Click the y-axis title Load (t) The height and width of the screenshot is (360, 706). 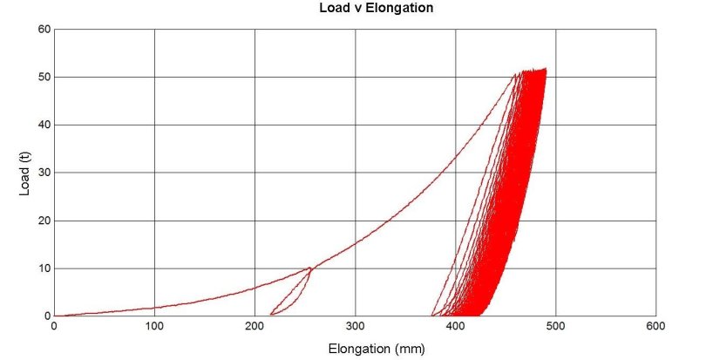pyautogui.click(x=25, y=173)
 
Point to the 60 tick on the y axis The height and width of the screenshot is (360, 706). pyautogui.click(x=43, y=29)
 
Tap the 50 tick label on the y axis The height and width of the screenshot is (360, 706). pyautogui.click(x=43, y=77)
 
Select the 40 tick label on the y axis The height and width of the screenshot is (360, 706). pyautogui.click(x=43, y=125)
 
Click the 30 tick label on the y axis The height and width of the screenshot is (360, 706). pyautogui.click(x=43, y=173)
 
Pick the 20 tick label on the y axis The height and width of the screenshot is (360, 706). pyautogui.click(x=43, y=221)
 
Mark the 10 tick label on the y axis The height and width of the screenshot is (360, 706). pyautogui.click(x=43, y=268)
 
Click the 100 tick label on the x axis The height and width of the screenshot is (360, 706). pyautogui.click(x=154, y=326)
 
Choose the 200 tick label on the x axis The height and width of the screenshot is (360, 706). pyautogui.click(x=255, y=326)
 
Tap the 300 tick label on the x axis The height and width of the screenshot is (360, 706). pyautogui.click(x=355, y=326)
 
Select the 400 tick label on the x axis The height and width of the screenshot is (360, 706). pyautogui.click(x=455, y=326)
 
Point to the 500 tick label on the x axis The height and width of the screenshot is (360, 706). pyautogui.click(x=555, y=326)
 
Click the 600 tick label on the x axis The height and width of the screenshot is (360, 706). pyautogui.click(x=655, y=326)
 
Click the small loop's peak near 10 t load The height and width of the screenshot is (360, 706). pyautogui.click(x=310, y=268)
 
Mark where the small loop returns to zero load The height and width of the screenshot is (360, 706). pyautogui.click(x=271, y=315)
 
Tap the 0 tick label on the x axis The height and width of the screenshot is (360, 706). pyautogui.click(x=54, y=326)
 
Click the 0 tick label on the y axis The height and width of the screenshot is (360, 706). pyautogui.click(x=46, y=316)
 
